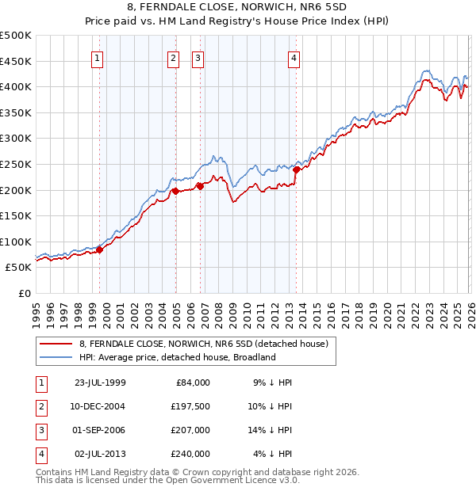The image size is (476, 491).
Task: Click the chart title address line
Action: tap(238, 8)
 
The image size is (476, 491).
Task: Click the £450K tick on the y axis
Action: tap(16, 61)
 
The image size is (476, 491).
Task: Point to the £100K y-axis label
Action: tap(16, 242)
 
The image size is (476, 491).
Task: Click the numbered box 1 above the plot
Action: tap(97, 57)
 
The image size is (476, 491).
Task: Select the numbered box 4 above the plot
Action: tap(294, 57)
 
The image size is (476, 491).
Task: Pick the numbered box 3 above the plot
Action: tap(198, 57)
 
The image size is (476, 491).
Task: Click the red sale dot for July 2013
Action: tap(296, 169)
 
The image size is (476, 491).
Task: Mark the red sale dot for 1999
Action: tap(100, 250)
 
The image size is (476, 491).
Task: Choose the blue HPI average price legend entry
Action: tap(176, 357)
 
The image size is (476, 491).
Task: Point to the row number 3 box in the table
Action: tap(40, 430)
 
